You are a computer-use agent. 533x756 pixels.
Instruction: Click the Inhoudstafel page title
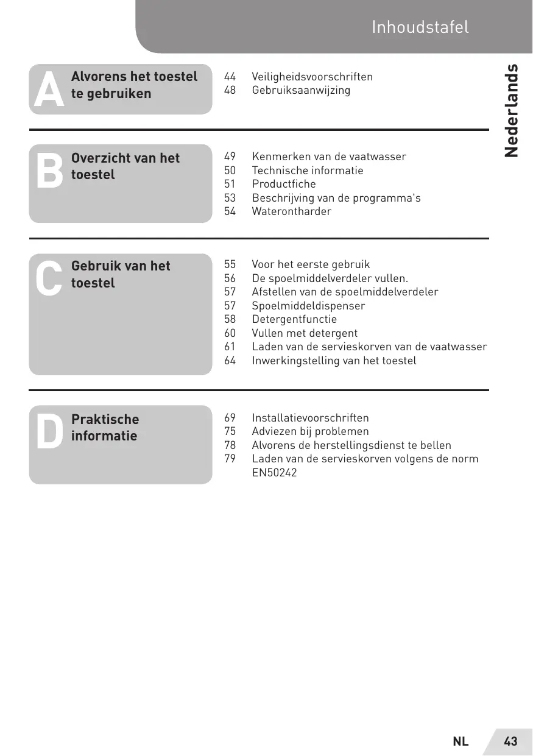tap(420, 27)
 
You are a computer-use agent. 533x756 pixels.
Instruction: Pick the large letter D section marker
tap(49, 432)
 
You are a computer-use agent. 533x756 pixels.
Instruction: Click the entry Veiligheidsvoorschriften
tap(312, 77)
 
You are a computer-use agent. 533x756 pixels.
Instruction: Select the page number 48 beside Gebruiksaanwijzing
tap(230, 90)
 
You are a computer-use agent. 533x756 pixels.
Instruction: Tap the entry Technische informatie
tap(308, 171)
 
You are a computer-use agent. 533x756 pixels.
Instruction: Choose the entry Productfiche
tap(284, 184)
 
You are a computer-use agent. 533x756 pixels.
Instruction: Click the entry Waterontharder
tap(292, 211)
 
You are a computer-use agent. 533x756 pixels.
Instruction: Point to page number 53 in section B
tap(230, 198)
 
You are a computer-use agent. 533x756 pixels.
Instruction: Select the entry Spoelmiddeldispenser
tap(309, 306)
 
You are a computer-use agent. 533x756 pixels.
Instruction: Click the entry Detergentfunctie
tap(294, 319)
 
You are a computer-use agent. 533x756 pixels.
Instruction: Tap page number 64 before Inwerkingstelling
tap(230, 361)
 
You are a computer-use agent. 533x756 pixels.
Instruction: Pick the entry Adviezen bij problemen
tap(311, 431)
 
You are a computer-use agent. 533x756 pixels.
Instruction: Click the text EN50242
tap(275, 472)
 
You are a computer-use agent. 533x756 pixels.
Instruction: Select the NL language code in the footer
tap(461, 741)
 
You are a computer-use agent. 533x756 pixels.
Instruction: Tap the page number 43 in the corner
tap(510, 741)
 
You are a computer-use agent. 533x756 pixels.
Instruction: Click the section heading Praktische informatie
tap(105, 428)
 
